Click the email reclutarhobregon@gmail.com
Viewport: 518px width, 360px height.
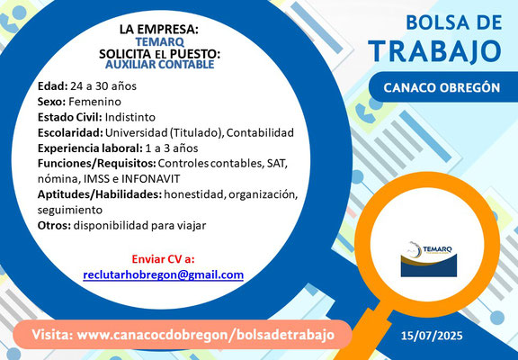tap(163, 274)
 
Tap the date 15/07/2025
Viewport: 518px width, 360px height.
tap(432, 336)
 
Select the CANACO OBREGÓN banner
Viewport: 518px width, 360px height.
tap(442, 87)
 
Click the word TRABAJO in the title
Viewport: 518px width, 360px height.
tap(436, 51)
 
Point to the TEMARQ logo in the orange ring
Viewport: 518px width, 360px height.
tap(429, 259)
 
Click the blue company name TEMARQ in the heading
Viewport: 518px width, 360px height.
tap(159, 42)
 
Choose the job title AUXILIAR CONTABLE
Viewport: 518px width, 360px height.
tap(159, 65)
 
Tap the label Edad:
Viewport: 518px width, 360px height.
tap(52, 86)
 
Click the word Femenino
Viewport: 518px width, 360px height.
tap(94, 102)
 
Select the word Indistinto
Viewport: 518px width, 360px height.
tap(130, 117)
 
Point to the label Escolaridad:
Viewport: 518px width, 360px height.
tap(70, 133)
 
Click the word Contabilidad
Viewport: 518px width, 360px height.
tap(260, 133)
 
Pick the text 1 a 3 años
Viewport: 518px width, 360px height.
tap(172, 148)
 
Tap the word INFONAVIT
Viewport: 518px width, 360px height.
tap(151, 179)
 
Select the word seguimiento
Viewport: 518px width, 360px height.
tap(70, 210)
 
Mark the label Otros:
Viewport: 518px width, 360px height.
tap(54, 226)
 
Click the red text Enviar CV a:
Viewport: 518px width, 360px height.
tap(163, 259)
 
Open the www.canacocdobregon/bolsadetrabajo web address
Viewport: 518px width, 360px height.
tap(205, 335)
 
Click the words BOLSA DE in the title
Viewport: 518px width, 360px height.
tap(454, 23)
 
